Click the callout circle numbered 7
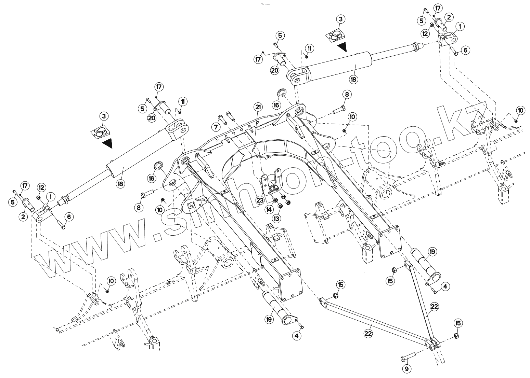pos(216,127)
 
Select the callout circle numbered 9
pos(407,369)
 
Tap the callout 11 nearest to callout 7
pos(183,101)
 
